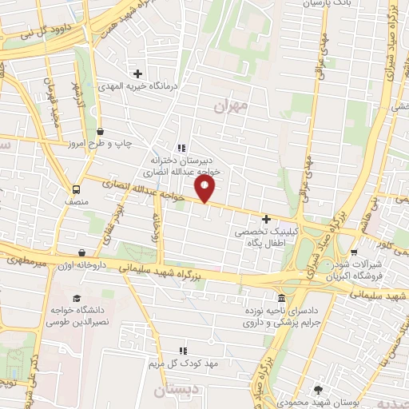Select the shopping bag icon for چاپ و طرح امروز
pos(100,131)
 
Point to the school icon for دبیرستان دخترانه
pos(181,148)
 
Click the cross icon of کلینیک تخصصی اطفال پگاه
pos(266,218)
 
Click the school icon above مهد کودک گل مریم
pos(184,350)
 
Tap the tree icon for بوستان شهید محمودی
pos(319,389)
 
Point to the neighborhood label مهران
pos(232,105)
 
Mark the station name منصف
pos(77,203)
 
